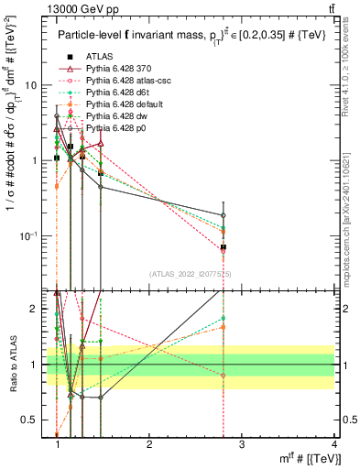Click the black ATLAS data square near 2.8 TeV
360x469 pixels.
pos(224,247)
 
